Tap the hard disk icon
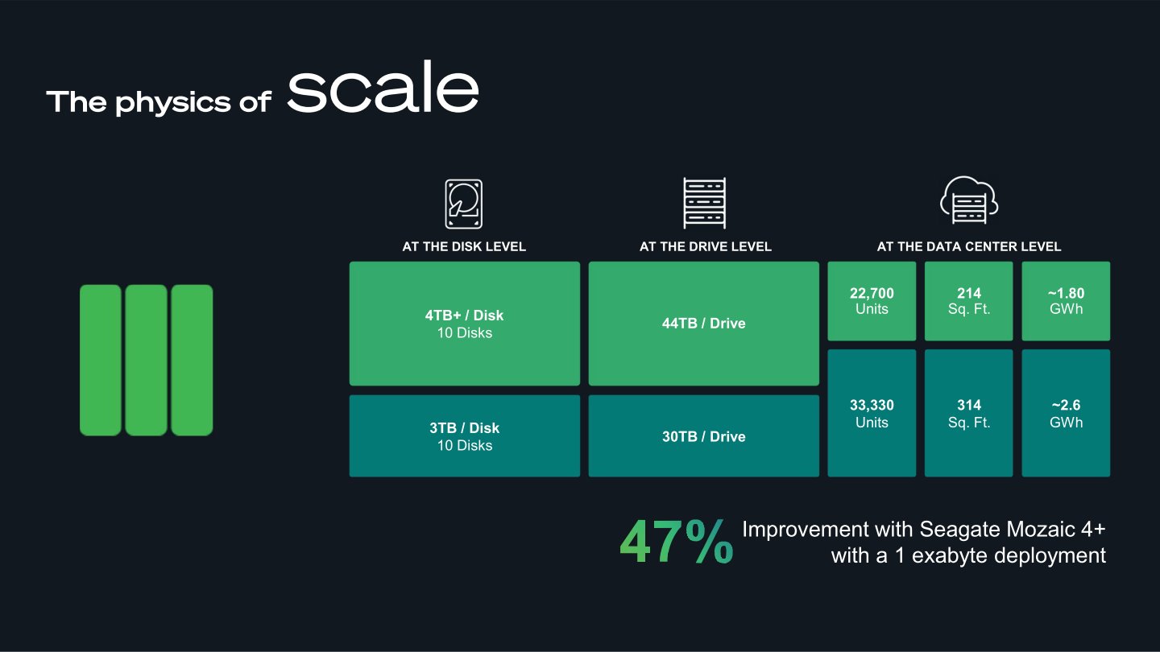[x=463, y=204]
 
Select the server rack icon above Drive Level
[x=704, y=203]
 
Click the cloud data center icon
[x=968, y=200]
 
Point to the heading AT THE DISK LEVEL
[x=464, y=246]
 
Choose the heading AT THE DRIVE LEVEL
[x=705, y=246]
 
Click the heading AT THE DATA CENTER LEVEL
[x=968, y=246]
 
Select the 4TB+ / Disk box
[x=464, y=324]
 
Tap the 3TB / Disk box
[x=464, y=435]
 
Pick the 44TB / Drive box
[x=704, y=324]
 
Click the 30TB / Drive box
[x=704, y=436]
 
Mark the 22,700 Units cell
[x=872, y=301]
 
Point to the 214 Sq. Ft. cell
[x=968, y=301]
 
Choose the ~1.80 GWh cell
[x=1066, y=301]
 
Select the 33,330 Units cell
[x=872, y=413]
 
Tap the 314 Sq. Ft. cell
[x=968, y=413]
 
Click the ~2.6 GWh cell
[x=1066, y=413]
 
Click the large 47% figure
[x=676, y=543]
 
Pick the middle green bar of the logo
[x=146, y=360]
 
